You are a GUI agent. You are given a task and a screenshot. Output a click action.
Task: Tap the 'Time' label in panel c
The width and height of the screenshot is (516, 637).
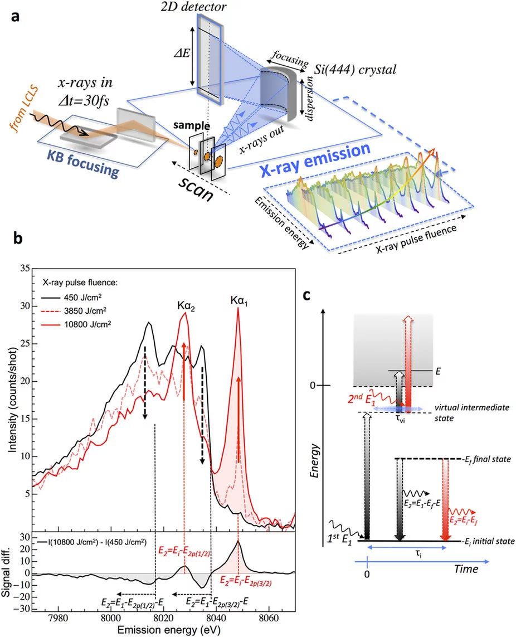(465, 569)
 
